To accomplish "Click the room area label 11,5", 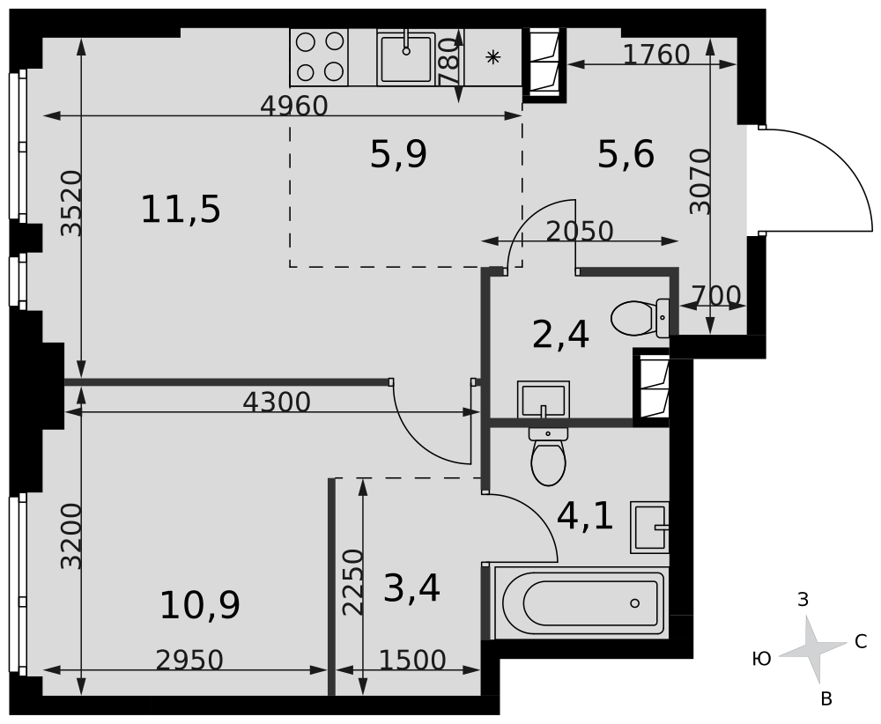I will (x=181, y=211).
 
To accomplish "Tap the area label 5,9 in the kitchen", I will (x=398, y=155).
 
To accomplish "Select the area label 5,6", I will (x=626, y=155).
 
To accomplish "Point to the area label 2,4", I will (x=560, y=335).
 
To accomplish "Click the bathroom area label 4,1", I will (x=586, y=516).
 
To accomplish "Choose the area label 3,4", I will (x=411, y=588).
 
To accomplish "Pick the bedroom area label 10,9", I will (x=200, y=605).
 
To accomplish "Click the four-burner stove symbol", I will (x=319, y=56).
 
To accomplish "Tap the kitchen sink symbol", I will (x=406, y=57).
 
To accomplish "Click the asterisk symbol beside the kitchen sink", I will (x=492, y=57).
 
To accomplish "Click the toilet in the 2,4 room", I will (x=639, y=318).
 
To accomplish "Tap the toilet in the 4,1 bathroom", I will (x=549, y=457).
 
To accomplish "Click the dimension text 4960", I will (x=294, y=106).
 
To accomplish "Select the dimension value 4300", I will (x=277, y=403).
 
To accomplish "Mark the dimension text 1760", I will (x=656, y=55).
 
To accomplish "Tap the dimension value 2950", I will (x=189, y=660).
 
